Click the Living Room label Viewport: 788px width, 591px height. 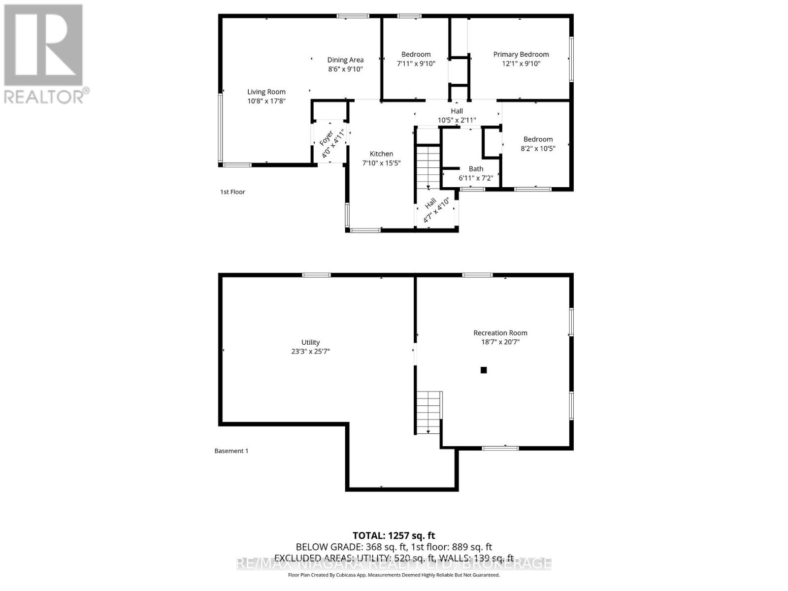tap(266, 92)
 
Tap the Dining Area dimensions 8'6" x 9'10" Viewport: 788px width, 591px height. tap(345, 69)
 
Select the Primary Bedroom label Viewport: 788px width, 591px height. tap(521, 54)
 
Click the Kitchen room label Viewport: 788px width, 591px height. tap(381, 154)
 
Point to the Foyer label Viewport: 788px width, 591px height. tap(327, 138)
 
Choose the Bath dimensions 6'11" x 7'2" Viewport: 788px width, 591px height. tap(476, 178)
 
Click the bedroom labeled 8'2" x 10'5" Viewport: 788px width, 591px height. tap(538, 144)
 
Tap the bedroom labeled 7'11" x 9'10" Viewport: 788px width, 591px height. tap(416, 59)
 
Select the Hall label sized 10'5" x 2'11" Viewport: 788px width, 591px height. tap(457, 111)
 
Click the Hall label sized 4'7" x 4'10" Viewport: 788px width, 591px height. tap(430, 202)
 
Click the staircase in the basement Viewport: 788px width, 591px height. tap(428, 412)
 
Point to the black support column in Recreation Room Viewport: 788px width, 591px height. tap(484, 370)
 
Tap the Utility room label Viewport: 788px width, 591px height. tap(310, 342)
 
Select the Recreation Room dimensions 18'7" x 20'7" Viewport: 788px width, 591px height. tap(500, 342)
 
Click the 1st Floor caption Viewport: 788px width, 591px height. tap(232, 192)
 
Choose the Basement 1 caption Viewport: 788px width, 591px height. tap(231, 451)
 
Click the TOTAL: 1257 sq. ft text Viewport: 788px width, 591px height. tap(394, 535)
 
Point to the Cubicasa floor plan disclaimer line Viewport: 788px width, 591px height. tap(394, 575)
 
